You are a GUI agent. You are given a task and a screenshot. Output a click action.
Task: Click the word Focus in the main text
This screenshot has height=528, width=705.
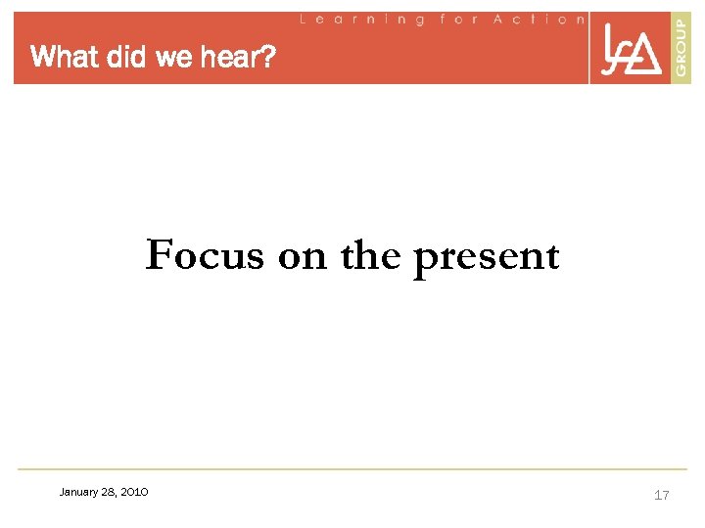(x=205, y=256)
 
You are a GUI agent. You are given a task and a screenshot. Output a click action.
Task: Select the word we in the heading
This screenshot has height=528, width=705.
(x=173, y=59)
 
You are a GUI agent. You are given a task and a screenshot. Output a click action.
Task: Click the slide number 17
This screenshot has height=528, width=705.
(x=662, y=495)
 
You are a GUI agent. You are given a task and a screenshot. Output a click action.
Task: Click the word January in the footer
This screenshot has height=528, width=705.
(x=79, y=492)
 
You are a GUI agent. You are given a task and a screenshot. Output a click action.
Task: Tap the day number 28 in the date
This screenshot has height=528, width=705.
(x=108, y=492)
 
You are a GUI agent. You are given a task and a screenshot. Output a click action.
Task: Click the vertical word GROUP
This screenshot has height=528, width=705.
(x=681, y=47)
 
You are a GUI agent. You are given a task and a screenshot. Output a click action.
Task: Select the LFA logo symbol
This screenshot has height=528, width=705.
(x=631, y=50)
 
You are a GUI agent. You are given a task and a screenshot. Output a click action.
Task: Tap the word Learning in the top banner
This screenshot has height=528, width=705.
(x=362, y=19)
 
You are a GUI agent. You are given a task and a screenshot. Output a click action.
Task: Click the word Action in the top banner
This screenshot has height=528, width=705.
(x=539, y=19)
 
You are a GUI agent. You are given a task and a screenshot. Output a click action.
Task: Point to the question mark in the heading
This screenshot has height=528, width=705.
(x=270, y=58)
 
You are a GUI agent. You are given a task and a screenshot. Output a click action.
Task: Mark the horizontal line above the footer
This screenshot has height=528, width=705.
(x=352, y=469)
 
